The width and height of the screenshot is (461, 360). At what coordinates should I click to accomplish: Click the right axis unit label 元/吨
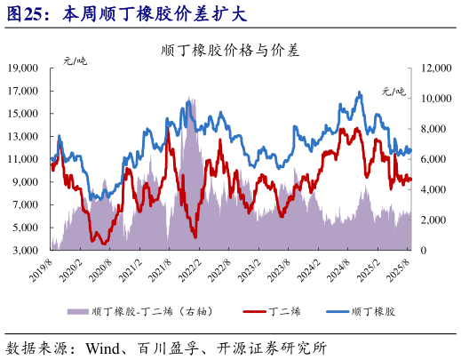pyautogui.click(x=393, y=91)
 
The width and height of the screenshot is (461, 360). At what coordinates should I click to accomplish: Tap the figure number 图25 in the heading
pyautogui.click(x=24, y=14)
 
